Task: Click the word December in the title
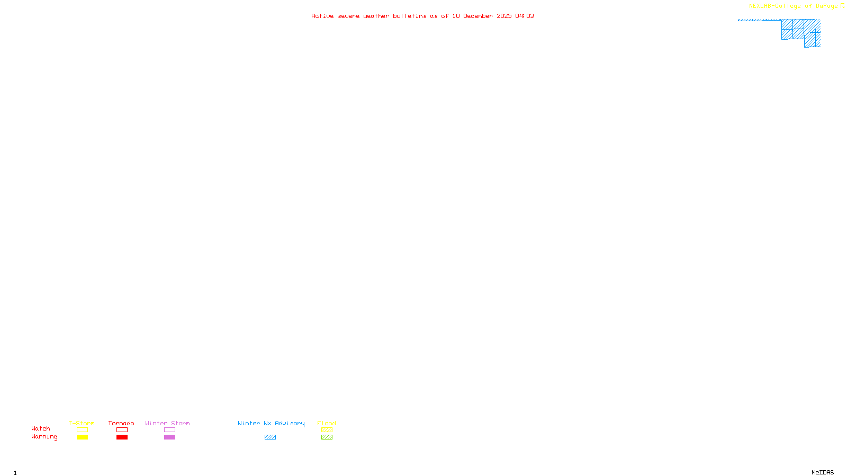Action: [x=478, y=16]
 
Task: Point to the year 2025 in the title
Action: [x=504, y=16]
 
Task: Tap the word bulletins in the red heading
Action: [x=409, y=16]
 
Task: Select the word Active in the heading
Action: [x=322, y=16]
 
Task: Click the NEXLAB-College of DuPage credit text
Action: [x=793, y=6]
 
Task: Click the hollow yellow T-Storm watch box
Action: [x=82, y=430]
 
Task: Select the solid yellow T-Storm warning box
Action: [x=82, y=437]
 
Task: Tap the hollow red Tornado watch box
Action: [x=122, y=430]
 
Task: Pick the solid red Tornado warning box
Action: [x=122, y=437]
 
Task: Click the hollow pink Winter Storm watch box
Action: [x=169, y=430]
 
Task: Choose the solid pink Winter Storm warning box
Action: [x=169, y=437]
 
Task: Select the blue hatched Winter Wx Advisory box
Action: [x=270, y=437]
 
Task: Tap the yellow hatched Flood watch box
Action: [x=327, y=430]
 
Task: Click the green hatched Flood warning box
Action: [x=327, y=437]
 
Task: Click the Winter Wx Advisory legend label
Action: [x=271, y=423]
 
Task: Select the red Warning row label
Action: [x=44, y=437]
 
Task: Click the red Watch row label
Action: [x=41, y=429]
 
